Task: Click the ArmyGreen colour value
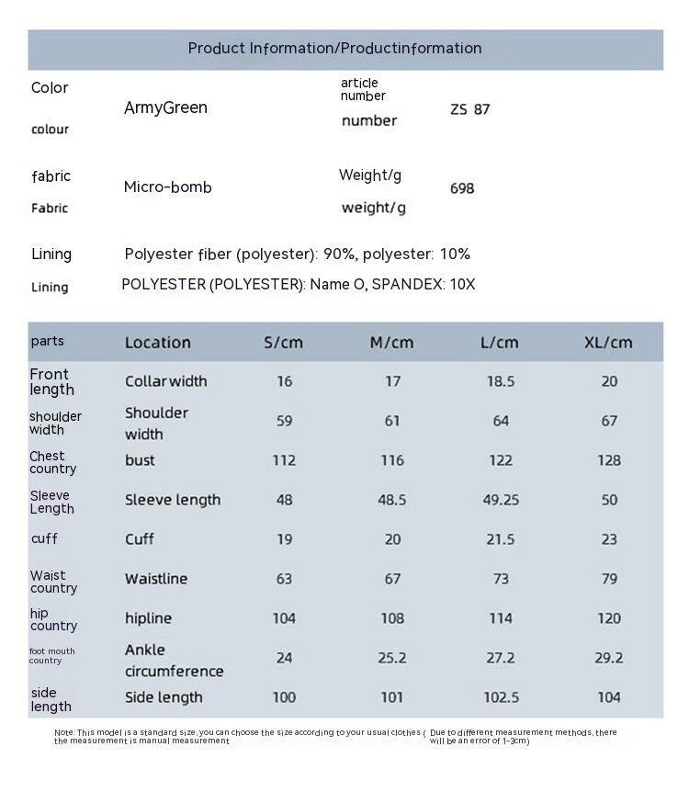click(165, 107)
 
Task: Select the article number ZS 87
click(469, 109)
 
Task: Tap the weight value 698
click(462, 188)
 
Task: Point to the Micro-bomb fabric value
click(167, 187)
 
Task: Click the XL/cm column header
click(608, 343)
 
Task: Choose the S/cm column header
click(283, 343)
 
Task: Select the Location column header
click(158, 343)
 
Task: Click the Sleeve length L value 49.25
click(501, 500)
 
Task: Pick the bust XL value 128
click(609, 460)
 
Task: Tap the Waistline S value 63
click(284, 579)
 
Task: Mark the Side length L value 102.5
click(501, 697)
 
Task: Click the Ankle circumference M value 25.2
click(392, 658)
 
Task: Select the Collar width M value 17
click(392, 381)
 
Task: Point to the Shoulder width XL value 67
click(609, 421)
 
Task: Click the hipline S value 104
click(284, 618)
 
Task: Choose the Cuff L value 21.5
click(501, 539)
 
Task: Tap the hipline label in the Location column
click(148, 618)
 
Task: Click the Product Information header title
click(334, 49)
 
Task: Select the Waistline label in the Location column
click(156, 579)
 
